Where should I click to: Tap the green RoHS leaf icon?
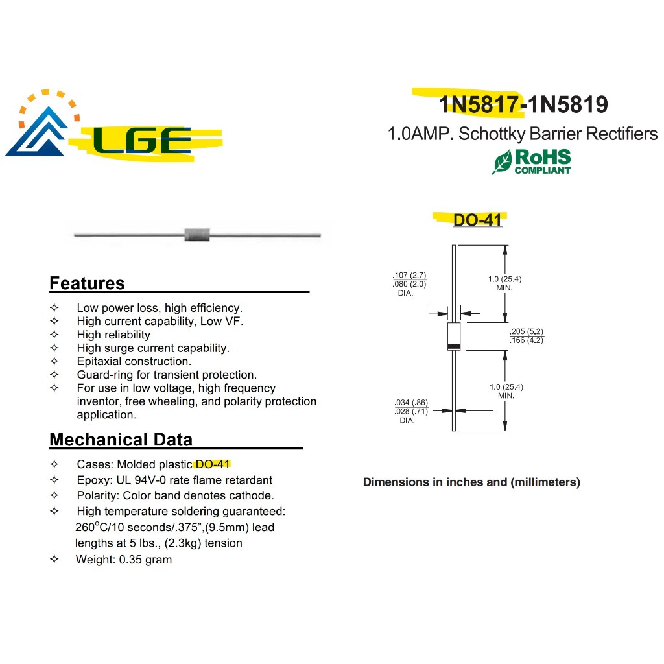pos(502,161)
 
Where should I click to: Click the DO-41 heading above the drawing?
pos(477,220)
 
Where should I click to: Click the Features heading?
pos(87,283)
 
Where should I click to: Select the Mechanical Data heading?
pos(121,440)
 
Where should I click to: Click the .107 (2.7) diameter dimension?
pos(410,275)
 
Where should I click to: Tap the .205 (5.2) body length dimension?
pos(526,331)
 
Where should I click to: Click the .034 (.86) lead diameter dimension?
pos(411,403)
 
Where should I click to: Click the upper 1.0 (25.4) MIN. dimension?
pos(504,283)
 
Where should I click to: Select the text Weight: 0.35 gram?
pos(124,559)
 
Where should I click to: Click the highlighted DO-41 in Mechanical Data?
pos(213,464)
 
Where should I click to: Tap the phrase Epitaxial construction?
pos(134,361)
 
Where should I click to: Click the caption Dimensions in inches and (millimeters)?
pos(471,482)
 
